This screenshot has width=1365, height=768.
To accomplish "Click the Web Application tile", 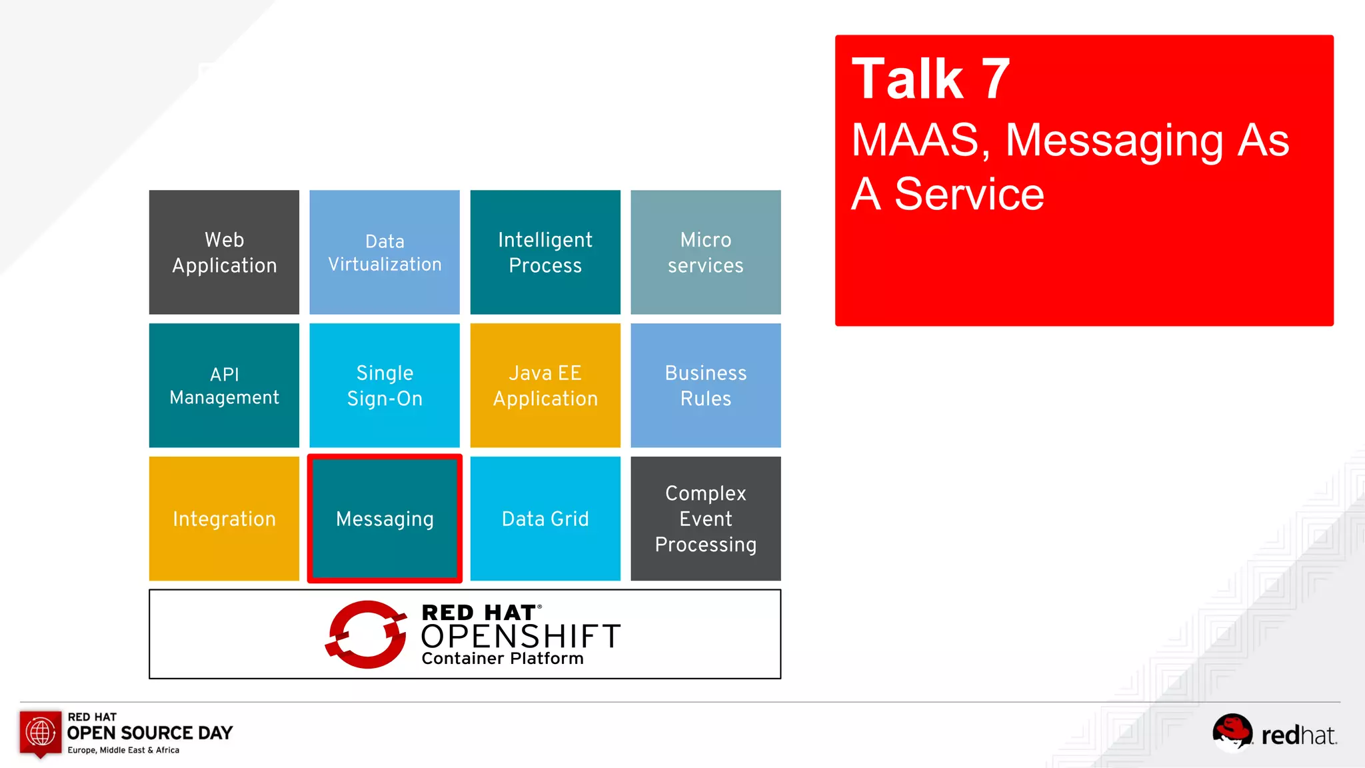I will pyautogui.click(x=224, y=252).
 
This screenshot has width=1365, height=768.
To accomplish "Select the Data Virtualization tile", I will pyautogui.click(x=385, y=252).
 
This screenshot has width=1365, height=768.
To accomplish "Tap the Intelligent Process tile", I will pyautogui.click(x=545, y=252).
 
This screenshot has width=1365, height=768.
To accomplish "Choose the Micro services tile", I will pyautogui.click(x=706, y=252).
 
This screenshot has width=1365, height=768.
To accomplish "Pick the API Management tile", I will pyautogui.click(x=224, y=385).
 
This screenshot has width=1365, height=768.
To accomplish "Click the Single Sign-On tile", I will pyautogui.click(x=385, y=385).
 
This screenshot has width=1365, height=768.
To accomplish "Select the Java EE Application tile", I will pyautogui.click(x=545, y=385).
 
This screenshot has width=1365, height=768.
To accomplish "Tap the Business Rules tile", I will pyautogui.click(x=706, y=385).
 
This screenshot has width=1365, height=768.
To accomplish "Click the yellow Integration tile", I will pyautogui.click(x=224, y=519).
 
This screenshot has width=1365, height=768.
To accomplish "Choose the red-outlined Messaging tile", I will pyautogui.click(x=385, y=519).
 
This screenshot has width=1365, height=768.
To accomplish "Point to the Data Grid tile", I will pyautogui.click(x=545, y=519).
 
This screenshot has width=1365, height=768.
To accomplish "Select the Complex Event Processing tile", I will pyautogui.click(x=706, y=519).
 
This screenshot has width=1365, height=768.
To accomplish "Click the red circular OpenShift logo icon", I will pyautogui.click(x=366, y=634).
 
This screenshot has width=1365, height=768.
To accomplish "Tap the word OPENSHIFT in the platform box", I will pyautogui.click(x=521, y=637).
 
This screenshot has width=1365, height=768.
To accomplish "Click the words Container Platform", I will pyautogui.click(x=503, y=659).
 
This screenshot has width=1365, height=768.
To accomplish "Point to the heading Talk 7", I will pyautogui.click(x=931, y=79).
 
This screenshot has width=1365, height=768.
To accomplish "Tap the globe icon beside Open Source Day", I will pyautogui.click(x=41, y=733).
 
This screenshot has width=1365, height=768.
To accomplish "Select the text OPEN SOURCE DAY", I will pyautogui.click(x=150, y=733).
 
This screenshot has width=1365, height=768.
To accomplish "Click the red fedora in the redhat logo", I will pyautogui.click(x=1232, y=731).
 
